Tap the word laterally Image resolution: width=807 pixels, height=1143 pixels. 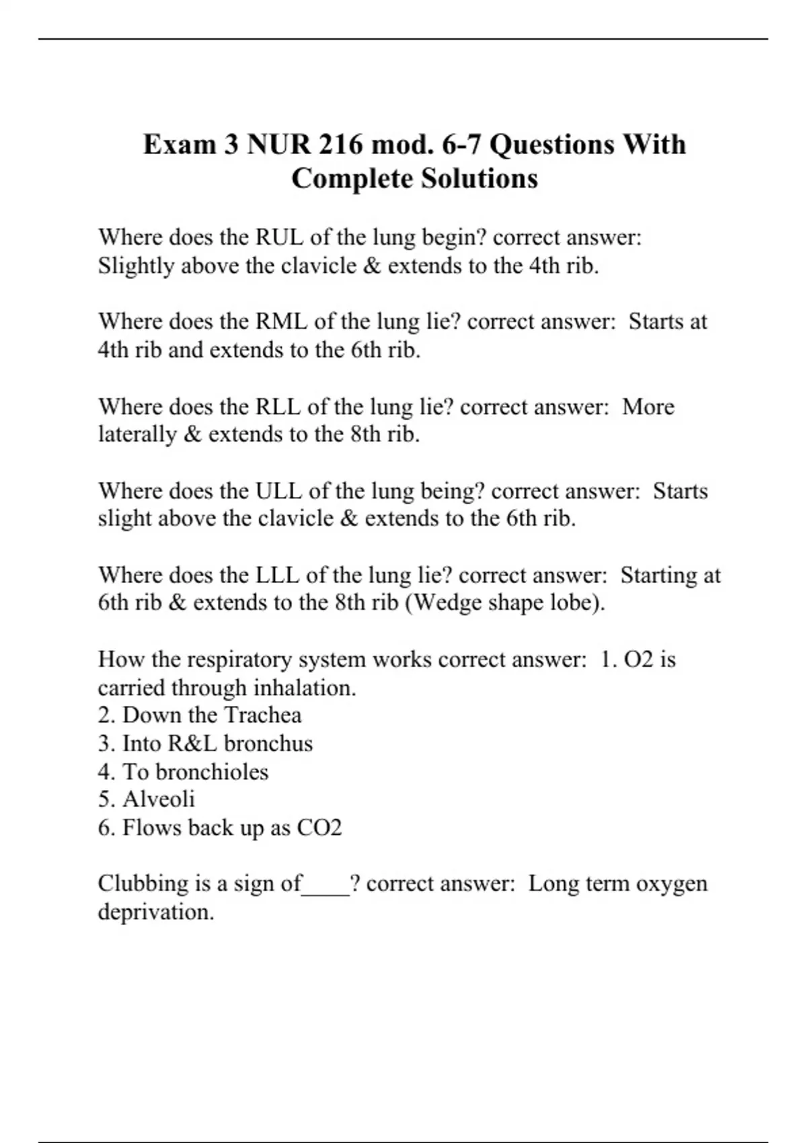click(x=137, y=434)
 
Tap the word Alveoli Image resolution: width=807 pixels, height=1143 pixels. click(x=159, y=799)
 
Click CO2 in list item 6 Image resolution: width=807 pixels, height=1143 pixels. click(x=319, y=827)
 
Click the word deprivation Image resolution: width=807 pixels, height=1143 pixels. click(x=156, y=912)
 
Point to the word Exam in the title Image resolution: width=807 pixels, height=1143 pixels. click(x=180, y=145)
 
